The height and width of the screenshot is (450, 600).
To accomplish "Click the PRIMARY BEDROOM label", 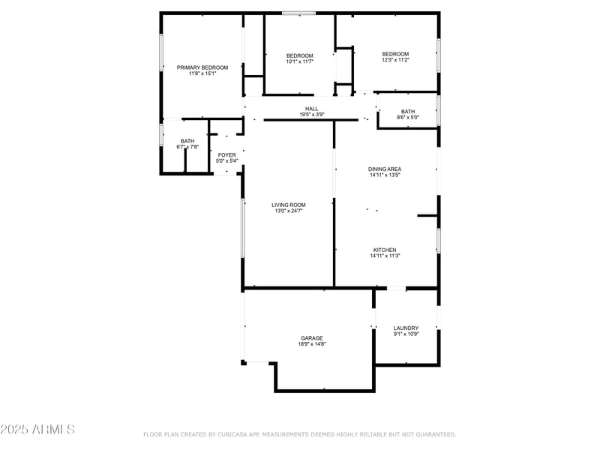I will click(202, 67).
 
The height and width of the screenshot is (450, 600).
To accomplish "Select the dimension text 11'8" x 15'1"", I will click(202, 73).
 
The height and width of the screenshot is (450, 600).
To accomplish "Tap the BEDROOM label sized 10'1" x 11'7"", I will click(299, 55).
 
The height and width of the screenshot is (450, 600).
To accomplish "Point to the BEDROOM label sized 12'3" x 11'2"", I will click(395, 54).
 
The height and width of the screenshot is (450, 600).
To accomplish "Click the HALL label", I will click(311, 109).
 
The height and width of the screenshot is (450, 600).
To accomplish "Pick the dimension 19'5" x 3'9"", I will click(311, 115).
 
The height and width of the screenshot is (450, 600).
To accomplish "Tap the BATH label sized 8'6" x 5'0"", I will click(407, 112).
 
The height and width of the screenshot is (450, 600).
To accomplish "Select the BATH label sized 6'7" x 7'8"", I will click(187, 141).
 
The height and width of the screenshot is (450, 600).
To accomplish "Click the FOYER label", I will click(226, 155).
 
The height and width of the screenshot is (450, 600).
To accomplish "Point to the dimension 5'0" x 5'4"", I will click(226, 161).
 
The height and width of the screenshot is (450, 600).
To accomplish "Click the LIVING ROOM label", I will click(288, 205).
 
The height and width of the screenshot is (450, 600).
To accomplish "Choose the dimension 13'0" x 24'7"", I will click(288, 211).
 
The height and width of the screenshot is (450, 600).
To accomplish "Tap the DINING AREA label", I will click(385, 169).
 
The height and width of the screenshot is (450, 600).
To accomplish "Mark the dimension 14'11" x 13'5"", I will click(385, 175).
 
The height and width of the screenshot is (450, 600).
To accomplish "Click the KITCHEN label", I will click(385, 250).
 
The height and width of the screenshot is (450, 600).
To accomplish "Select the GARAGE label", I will click(312, 338).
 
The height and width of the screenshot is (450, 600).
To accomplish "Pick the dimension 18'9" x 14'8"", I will click(312, 344).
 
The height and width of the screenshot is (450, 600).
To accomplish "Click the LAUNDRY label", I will click(406, 328).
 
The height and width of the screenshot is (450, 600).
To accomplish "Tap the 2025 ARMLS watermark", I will click(37, 430).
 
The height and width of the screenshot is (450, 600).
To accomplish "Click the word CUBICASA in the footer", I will click(232, 434).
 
